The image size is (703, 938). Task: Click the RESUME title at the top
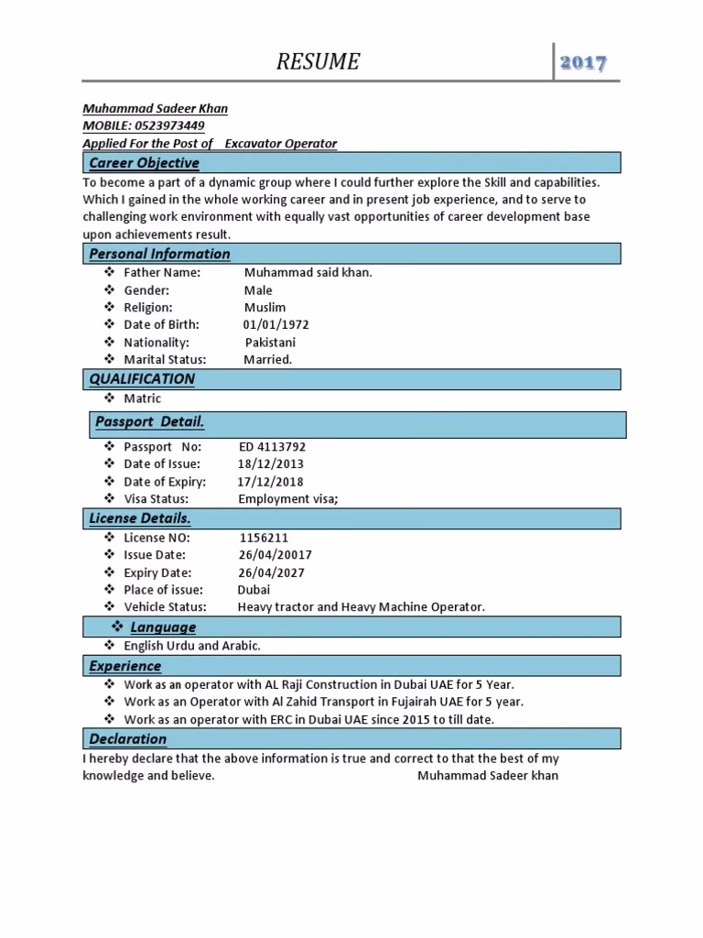point(319,62)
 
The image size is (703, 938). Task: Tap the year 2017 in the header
point(584,63)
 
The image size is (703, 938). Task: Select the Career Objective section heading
point(144,163)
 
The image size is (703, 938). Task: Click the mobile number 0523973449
point(169,125)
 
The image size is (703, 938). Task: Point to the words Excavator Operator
point(281,144)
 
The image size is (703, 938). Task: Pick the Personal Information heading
point(159,254)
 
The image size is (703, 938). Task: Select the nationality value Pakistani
point(270,343)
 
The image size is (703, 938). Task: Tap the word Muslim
point(265,308)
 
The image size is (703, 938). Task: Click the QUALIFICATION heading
point(142,379)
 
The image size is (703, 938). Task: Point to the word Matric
point(142,398)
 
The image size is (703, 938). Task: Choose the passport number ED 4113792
point(272,447)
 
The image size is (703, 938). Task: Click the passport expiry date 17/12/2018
point(270,482)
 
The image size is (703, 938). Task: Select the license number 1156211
point(264,539)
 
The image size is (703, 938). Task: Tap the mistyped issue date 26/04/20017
point(275,555)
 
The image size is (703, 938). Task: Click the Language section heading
point(163,627)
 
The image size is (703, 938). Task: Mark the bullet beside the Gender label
point(108,290)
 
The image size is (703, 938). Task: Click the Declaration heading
point(127,739)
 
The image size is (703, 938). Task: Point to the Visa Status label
point(156,499)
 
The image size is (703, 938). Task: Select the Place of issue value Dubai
point(254,590)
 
